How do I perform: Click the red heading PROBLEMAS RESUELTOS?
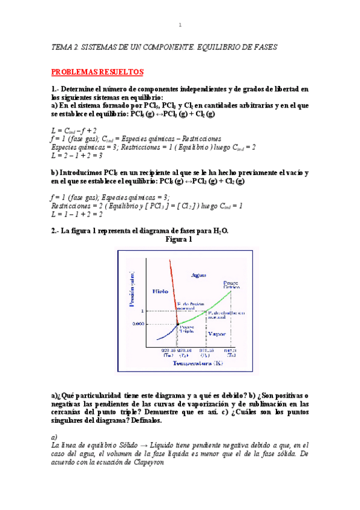97,72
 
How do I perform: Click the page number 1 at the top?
180,25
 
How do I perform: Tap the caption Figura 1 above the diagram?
178,239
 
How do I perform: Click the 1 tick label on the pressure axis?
143,311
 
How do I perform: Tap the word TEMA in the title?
61,46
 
